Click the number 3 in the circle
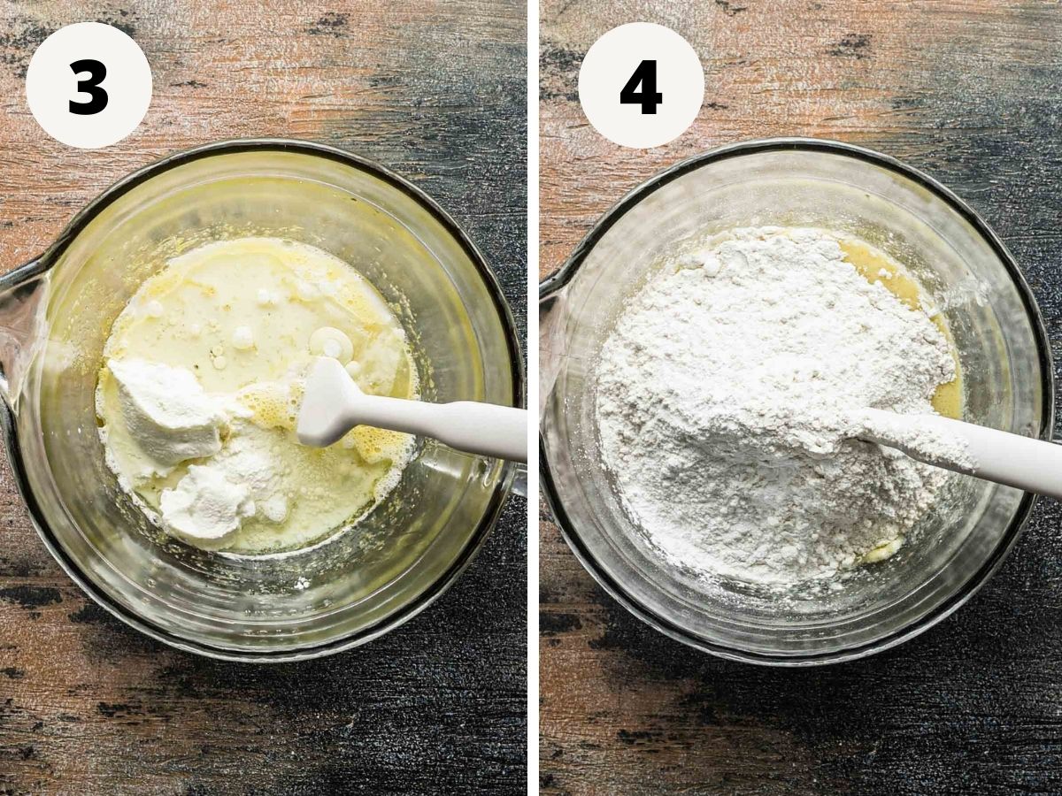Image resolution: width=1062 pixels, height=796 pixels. [88, 88]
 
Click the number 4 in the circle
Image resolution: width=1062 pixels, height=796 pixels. [641, 88]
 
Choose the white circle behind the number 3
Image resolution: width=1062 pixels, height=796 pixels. [88, 85]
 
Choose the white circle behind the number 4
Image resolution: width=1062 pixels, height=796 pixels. [641, 85]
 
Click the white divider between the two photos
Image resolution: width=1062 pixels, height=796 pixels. [534, 398]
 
